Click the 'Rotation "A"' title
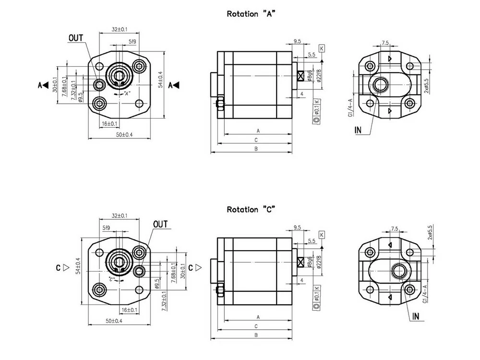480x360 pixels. tap(251, 14)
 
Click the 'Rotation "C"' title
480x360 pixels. tap(251, 210)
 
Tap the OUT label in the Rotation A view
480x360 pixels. tap(76, 37)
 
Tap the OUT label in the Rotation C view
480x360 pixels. tap(160, 224)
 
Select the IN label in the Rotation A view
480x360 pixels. tap(358, 130)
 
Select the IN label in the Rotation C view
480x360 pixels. tap(415, 317)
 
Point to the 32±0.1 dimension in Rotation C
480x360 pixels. tap(120, 216)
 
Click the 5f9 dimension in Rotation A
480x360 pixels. tap(132, 42)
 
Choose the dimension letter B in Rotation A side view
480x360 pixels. tap(256, 149)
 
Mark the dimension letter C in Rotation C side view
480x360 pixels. tap(256, 326)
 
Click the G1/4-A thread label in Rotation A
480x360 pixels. tap(351, 108)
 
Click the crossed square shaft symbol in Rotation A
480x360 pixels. tap(301, 76)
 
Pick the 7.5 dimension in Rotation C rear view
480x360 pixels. tap(395, 228)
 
